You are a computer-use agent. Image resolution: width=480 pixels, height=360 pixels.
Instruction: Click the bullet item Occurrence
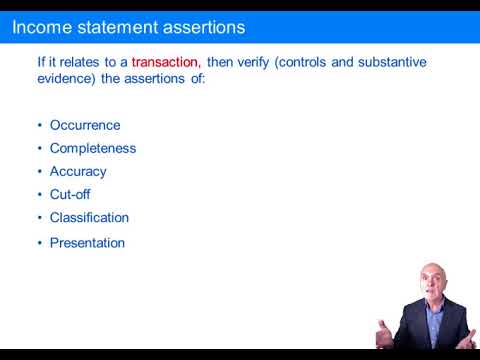tap(85, 125)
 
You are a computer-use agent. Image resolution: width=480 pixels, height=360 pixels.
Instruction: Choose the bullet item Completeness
tap(93, 148)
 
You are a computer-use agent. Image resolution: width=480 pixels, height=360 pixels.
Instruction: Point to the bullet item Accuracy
tap(78, 171)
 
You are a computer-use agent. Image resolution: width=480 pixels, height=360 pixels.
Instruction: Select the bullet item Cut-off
tap(70, 194)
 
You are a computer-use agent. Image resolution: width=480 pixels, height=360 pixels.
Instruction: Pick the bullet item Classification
tap(90, 217)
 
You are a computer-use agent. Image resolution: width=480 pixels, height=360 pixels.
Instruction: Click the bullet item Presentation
tap(88, 242)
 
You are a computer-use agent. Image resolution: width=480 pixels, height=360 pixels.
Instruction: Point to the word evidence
tap(66, 79)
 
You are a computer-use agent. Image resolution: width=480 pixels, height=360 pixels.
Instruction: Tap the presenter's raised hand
tap(385, 333)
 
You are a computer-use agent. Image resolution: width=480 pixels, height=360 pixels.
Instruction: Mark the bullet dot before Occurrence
tap(40, 125)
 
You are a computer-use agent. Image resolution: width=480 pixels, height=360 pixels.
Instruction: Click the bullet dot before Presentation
tap(40, 242)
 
